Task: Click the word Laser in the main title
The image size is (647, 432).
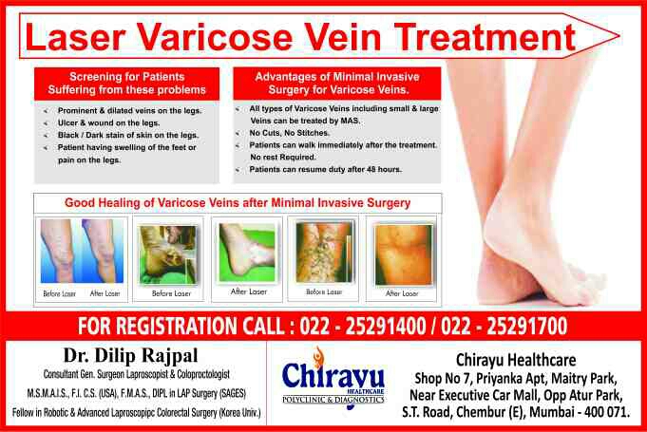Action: [75, 37]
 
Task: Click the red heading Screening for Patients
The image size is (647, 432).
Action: [126, 77]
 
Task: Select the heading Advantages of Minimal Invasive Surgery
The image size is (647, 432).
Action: [337, 83]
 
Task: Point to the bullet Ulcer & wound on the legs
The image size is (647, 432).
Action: [108, 122]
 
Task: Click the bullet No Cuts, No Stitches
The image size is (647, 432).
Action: [289, 133]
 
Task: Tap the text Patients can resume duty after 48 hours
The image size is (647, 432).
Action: [325, 169]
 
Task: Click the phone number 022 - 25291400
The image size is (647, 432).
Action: [362, 326]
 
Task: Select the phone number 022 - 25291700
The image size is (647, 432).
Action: [504, 326]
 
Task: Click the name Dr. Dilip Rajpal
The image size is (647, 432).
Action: [130, 355]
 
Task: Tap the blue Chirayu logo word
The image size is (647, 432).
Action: [333, 374]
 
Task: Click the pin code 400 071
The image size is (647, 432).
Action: [607, 412]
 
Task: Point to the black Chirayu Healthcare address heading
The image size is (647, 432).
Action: [516, 360]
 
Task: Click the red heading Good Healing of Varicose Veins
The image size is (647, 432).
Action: [238, 203]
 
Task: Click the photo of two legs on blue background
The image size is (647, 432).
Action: [82, 251]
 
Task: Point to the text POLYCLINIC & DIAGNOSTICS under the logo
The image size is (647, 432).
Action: [333, 400]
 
